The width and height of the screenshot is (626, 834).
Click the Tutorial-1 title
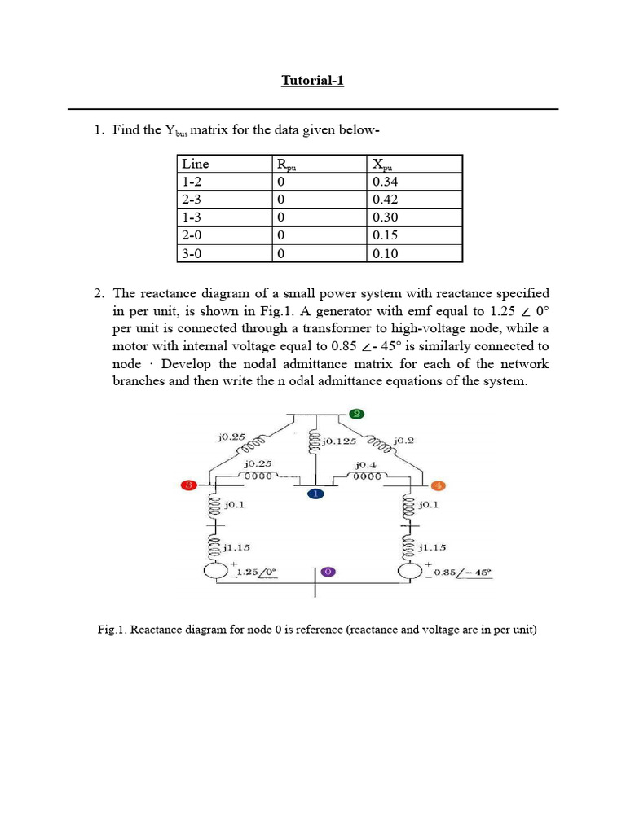pos(312,80)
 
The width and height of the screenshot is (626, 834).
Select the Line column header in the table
pos(196,164)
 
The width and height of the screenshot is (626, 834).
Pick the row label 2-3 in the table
pos(192,200)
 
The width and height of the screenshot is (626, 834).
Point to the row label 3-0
pos(192,253)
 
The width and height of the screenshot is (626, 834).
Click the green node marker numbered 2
pos(356,414)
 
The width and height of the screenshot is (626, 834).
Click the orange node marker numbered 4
pos(437,486)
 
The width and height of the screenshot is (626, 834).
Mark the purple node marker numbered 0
pos(328,573)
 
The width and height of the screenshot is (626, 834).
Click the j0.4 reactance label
pos(364,464)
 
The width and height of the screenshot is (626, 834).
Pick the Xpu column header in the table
pos(381,165)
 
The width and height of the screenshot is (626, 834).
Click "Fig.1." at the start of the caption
pos(112,630)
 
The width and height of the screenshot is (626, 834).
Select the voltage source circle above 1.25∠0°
pos(216,572)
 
